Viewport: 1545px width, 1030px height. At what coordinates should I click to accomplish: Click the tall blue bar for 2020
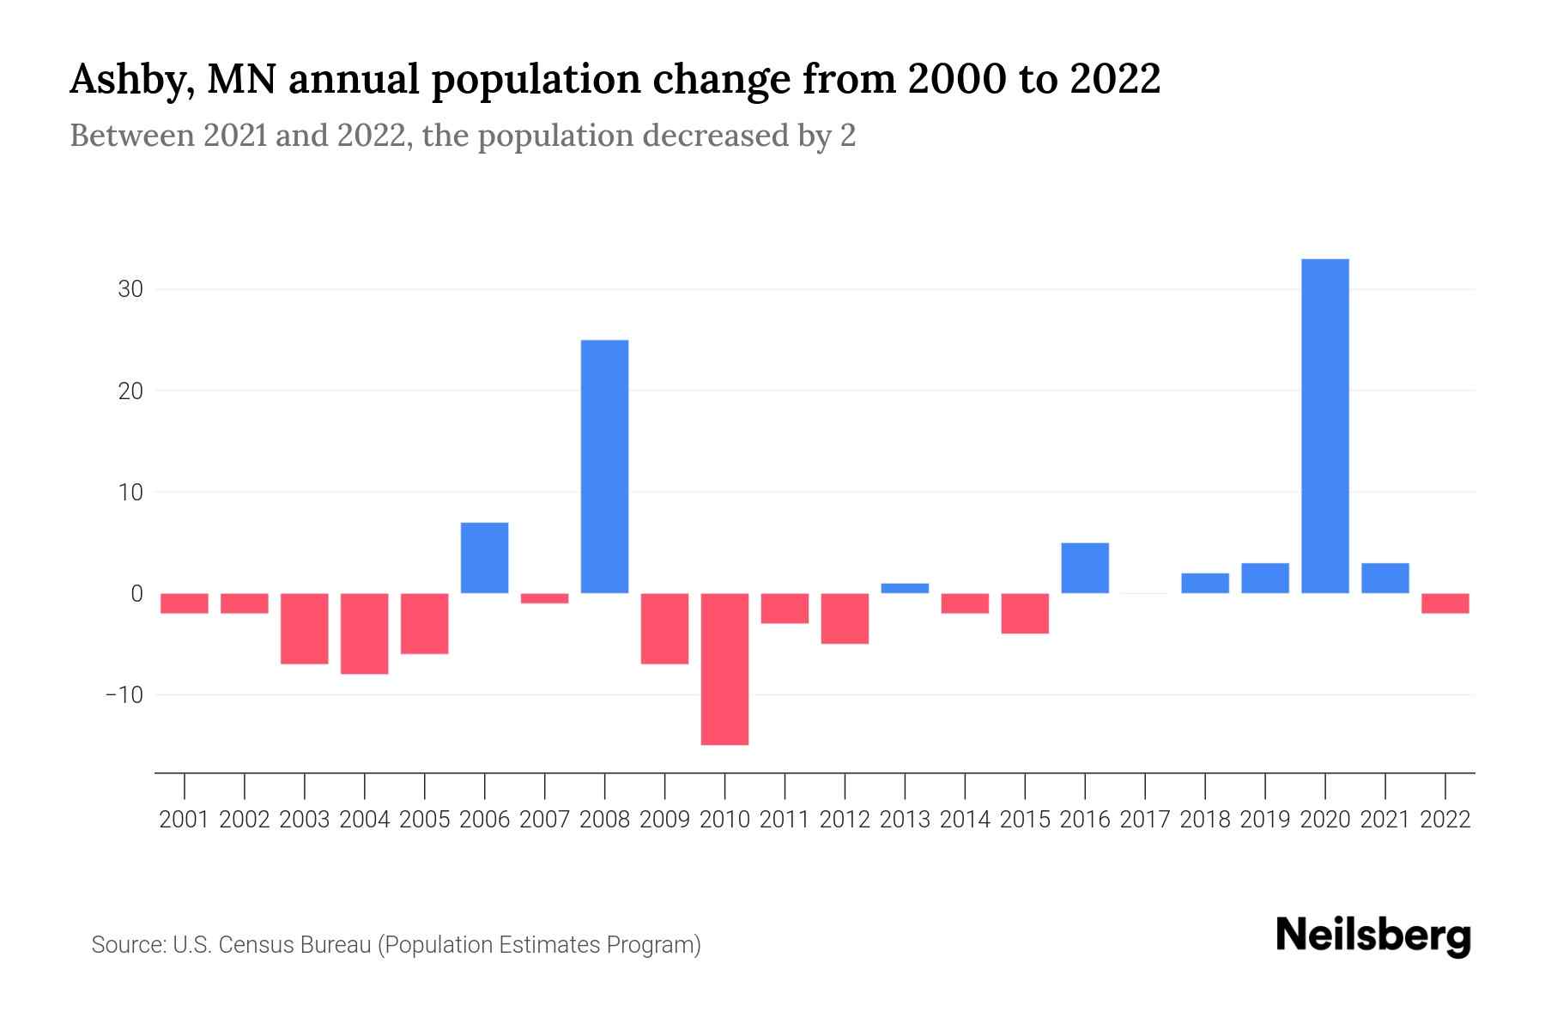click(1325, 426)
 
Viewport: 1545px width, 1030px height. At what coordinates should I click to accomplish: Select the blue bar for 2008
click(605, 466)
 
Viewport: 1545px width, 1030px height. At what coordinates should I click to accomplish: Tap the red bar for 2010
click(724, 669)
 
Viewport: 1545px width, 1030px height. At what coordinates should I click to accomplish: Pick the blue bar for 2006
click(485, 558)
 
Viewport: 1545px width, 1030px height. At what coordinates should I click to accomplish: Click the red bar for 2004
click(365, 633)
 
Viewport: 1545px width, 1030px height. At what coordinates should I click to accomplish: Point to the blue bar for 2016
click(1085, 568)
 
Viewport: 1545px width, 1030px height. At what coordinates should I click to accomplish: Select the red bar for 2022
click(1445, 603)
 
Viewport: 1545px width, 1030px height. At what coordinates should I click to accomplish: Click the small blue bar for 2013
click(905, 589)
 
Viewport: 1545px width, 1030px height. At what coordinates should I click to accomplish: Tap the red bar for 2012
click(845, 618)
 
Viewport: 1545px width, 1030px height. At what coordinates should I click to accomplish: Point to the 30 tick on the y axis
click(130, 289)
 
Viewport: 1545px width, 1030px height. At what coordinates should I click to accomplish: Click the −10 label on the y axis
click(124, 694)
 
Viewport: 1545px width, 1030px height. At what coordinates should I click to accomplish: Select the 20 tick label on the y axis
click(130, 391)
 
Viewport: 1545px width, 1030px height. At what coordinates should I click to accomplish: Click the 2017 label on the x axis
click(1145, 820)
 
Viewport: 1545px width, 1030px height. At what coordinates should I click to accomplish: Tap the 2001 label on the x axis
click(185, 820)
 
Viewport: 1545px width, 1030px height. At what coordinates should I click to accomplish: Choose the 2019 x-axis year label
click(1265, 820)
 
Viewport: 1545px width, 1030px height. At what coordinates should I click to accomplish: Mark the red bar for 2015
click(1025, 613)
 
